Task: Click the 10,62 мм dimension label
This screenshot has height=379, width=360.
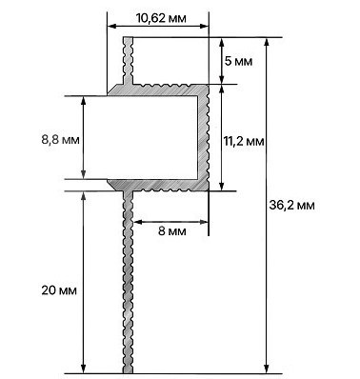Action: [161, 18]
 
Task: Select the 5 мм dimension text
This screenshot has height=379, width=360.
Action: [238, 61]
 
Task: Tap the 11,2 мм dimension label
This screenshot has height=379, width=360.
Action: [244, 141]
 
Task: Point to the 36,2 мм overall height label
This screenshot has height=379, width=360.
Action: [292, 205]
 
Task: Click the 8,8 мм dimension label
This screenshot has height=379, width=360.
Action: [60, 139]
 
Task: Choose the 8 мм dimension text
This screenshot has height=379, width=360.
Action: [172, 231]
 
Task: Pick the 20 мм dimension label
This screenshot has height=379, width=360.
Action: [59, 290]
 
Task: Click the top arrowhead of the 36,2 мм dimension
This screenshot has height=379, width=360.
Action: [267, 42]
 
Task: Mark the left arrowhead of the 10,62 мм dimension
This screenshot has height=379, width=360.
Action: [111, 27]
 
